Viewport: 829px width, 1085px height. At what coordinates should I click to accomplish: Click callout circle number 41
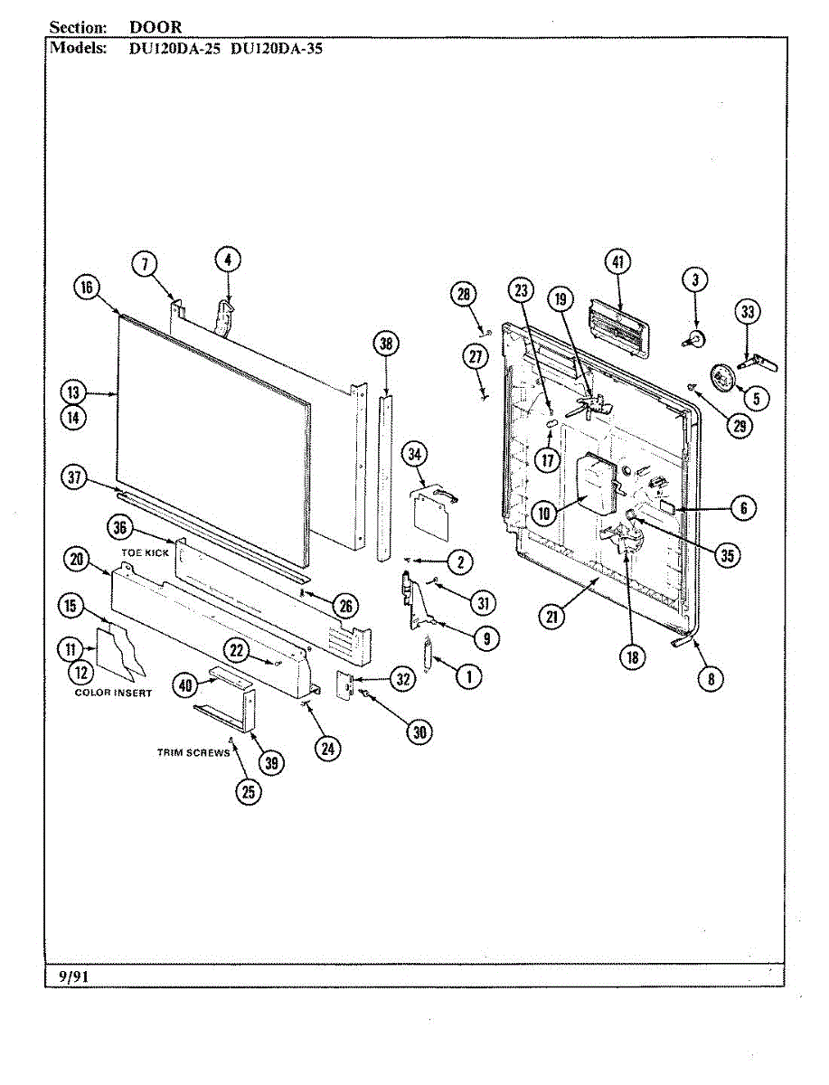[618, 263]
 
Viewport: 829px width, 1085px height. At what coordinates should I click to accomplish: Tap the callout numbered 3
[695, 280]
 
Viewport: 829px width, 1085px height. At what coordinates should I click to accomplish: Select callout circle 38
[386, 343]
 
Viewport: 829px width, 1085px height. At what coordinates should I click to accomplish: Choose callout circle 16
[85, 288]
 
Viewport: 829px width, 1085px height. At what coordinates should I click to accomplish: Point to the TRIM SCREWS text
[193, 753]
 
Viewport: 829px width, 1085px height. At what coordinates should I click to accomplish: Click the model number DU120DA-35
[277, 49]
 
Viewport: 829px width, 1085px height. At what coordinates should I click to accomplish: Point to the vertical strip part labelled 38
[386, 475]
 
